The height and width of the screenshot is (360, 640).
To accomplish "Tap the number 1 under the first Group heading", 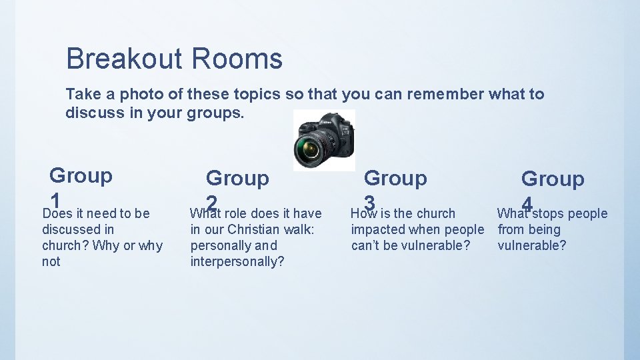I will (x=56, y=199).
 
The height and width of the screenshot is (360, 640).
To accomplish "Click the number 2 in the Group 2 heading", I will (x=212, y=201).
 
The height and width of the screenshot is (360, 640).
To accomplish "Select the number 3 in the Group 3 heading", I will (x=369, y=201).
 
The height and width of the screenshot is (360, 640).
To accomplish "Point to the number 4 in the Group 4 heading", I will (x=527, y=202).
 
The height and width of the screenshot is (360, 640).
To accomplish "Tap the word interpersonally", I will (x=237, y=261).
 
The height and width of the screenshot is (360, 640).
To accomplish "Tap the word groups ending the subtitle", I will (x=215, y=113).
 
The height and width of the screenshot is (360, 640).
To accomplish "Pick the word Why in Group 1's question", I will (x=105, y=245).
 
